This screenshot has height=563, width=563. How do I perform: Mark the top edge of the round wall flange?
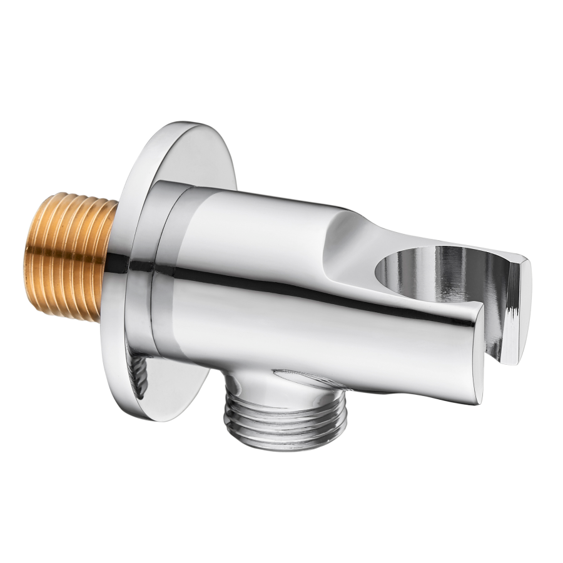181,125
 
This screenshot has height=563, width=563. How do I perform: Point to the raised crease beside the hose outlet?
300,375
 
